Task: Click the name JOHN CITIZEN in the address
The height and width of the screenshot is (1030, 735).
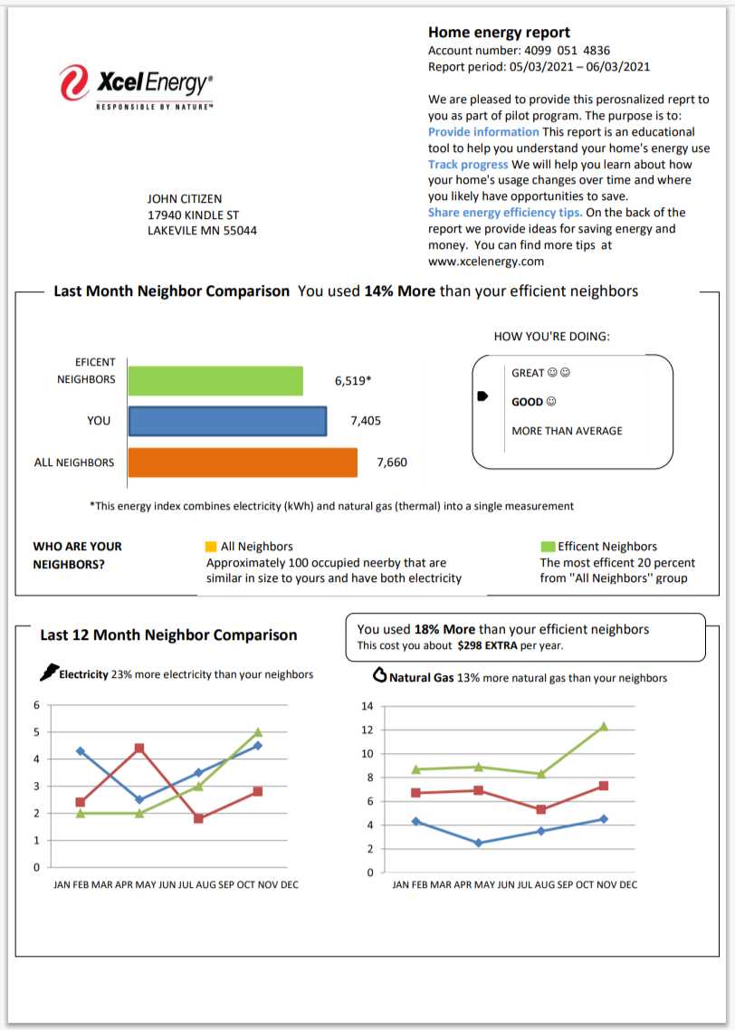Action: point(185,198)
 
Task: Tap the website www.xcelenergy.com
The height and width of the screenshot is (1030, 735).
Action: point(486,262)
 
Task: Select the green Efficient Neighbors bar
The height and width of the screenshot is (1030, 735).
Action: point(215,380)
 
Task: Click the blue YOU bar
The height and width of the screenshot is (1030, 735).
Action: point(227,421)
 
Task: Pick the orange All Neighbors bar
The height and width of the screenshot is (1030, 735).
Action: point(243,463)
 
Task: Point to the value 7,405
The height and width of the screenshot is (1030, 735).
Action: point(366,421)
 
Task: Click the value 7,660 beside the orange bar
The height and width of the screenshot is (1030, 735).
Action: point(392,463)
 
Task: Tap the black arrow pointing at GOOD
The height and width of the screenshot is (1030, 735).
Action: point(482,396)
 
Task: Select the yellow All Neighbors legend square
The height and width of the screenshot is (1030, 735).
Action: point(211,547)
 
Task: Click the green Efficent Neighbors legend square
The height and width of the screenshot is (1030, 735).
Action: point(547,547)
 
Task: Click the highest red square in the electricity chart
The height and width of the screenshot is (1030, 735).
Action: point(139,749)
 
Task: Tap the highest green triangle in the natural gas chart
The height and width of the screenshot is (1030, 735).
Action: point(604,727)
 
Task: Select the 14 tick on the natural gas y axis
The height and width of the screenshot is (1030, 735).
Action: point(367,706)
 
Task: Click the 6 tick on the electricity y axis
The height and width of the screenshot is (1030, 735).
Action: point(37,705)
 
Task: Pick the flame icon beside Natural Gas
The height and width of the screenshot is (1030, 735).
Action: point(380,675)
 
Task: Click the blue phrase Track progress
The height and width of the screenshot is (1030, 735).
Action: point(468,165)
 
